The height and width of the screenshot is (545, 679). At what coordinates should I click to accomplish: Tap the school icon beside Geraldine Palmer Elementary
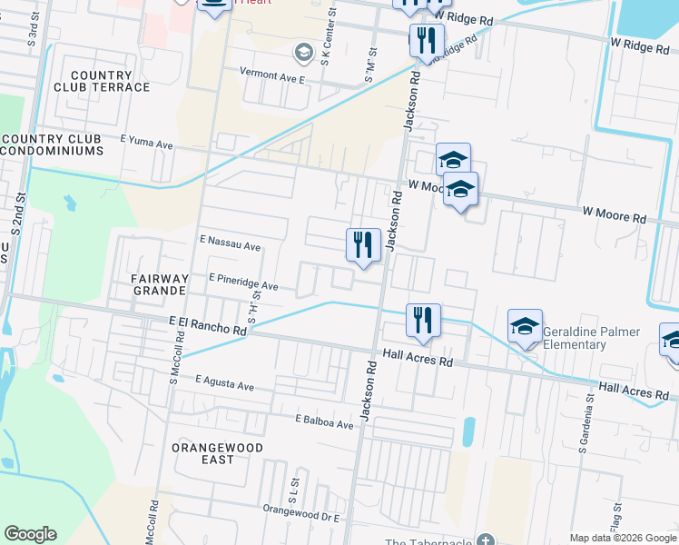click(x=525, y=329)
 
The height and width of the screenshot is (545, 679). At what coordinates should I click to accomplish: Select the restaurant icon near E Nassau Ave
click(x=363, y=245)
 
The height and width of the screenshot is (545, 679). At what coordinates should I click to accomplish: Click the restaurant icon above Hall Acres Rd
click(x=423, y=320)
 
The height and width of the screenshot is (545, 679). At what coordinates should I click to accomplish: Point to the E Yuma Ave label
click(x=146, y=144)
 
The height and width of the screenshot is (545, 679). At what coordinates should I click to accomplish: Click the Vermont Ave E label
click(x=273, y=78)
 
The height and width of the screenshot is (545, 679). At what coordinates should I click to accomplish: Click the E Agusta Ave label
click(x=223, y=384)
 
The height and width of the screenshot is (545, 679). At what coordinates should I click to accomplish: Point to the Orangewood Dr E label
click(x=300, y=516)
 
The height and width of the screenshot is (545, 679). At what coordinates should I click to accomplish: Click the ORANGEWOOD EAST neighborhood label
click(x=217, y=453)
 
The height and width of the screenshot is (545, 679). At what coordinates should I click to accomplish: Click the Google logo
click(x=30, y=534)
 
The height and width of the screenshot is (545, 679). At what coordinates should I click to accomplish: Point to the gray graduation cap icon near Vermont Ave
click(x=303, y=49)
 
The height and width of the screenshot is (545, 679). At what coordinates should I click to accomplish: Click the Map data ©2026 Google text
click(x=622, y=537)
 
